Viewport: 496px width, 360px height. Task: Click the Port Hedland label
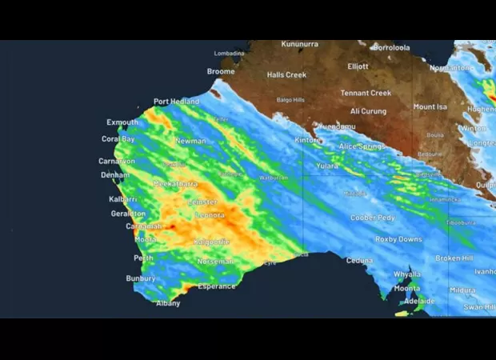176,102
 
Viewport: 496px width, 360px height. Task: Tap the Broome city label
221,72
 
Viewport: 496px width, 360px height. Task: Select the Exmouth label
122,122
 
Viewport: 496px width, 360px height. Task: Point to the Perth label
144,258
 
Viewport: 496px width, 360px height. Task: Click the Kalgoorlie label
212,242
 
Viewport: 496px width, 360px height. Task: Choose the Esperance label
217,286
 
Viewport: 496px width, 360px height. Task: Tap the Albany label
168,303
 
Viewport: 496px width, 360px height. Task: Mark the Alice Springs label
362,146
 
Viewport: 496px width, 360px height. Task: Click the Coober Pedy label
372,218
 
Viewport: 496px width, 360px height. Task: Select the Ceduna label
359,260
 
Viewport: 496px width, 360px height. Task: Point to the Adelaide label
419,301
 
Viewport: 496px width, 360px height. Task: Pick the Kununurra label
300,44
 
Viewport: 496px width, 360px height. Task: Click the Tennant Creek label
366,94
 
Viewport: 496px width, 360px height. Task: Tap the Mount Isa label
430,106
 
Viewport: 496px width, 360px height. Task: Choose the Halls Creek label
286,75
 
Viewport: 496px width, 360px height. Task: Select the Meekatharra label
175,184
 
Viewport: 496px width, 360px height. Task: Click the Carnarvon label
117,162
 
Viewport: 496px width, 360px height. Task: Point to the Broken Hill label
454,258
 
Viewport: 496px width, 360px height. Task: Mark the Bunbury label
141,278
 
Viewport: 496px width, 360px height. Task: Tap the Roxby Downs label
398,239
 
